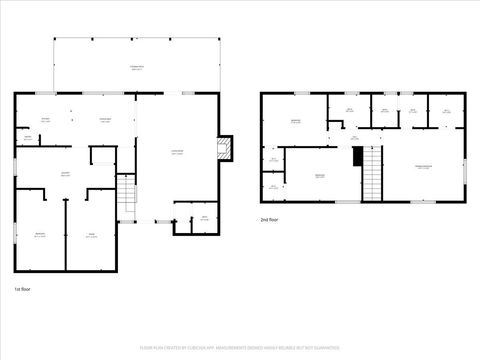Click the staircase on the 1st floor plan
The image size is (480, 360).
click(126, 198)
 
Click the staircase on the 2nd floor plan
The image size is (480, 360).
click(373, 171)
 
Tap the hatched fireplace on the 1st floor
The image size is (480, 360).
click(225, 149)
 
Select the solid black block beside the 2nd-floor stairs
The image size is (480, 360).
click(357, 156)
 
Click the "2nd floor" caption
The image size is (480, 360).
click(268, 219)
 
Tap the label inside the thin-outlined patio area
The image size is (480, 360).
click(135, 67)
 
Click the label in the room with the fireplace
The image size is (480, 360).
click(177, 152)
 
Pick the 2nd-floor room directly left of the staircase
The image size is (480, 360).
click(320, 176)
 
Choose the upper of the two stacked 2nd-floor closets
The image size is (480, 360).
click(272, 160)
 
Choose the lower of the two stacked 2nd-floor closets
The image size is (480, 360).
click(272, 186)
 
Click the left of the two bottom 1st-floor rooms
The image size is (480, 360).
click(40, 235)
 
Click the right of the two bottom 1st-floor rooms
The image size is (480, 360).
click(91, 236)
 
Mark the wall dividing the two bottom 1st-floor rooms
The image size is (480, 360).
click(66, 235)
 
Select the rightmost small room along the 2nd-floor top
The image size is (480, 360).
click(446, 111)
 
